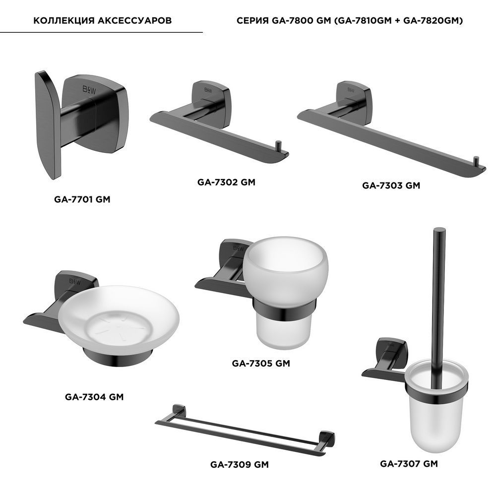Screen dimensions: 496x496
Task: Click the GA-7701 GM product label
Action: (x=82, y=199)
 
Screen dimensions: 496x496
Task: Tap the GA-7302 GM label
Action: (x=226, y=182)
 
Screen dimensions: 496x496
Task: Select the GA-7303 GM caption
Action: (x=391, y=186)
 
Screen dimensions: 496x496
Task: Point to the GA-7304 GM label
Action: (x=94, y=397)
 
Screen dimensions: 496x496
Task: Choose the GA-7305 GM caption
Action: (x=261, y=363)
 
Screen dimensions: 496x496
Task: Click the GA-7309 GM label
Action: (x=240, y=464)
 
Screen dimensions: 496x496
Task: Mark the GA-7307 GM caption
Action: (x=409, y=464)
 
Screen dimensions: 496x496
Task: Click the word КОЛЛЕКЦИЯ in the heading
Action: (x=64, y=20)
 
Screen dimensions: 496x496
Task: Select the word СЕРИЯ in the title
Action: (x=252, y=20)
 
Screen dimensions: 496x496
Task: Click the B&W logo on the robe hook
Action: (x=89, y=90)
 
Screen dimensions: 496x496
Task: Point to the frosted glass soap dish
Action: (x=119, y=319)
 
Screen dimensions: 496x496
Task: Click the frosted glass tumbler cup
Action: (x=285, y=291)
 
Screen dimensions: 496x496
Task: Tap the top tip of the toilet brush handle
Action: (x=439, y=229)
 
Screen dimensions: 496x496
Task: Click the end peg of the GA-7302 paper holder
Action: (x=278, y=146)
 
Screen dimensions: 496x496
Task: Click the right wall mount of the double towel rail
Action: (x=327, y=438)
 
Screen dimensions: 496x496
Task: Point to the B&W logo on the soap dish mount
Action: (x=75, y=282)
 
